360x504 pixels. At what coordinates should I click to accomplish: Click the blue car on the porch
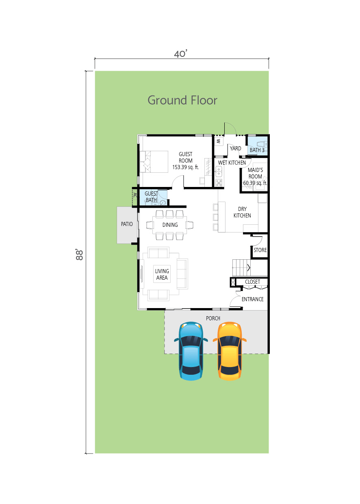[x=191, y=351]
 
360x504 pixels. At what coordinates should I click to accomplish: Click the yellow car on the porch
[x=230, y=351]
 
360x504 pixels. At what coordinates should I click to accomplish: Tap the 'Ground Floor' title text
[x=182, y=100]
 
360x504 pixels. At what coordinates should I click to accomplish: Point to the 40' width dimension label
[x=180, y=54]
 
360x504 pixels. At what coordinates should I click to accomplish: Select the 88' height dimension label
[x=80, y=254]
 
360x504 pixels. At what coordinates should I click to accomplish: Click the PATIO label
[x=127, y=224]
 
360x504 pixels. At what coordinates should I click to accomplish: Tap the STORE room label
[x=260, y=250]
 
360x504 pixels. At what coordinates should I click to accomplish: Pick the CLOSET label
[x=252, y=282]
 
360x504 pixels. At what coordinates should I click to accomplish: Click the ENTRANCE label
[x=252, y=299]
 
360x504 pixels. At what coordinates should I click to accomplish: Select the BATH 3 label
[x=257, y=150]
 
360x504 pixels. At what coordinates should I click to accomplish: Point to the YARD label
[x=235, y=148]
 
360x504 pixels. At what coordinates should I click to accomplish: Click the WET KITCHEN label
[x=232, y=163]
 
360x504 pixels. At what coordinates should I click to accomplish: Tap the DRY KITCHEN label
[x=242, y=212]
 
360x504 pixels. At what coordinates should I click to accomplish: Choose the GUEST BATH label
[x=151, y=197]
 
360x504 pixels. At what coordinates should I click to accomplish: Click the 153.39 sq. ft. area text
[x=186, y=167]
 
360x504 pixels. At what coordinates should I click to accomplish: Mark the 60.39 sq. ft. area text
[x=255, y=183]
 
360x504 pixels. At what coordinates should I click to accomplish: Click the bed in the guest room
[x=154, y=161]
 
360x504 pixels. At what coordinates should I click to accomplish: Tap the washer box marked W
[x=219, y=141]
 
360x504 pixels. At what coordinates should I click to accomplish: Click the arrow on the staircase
[x=249, y=268]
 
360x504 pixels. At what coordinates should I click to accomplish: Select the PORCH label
[x=213, y=318]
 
